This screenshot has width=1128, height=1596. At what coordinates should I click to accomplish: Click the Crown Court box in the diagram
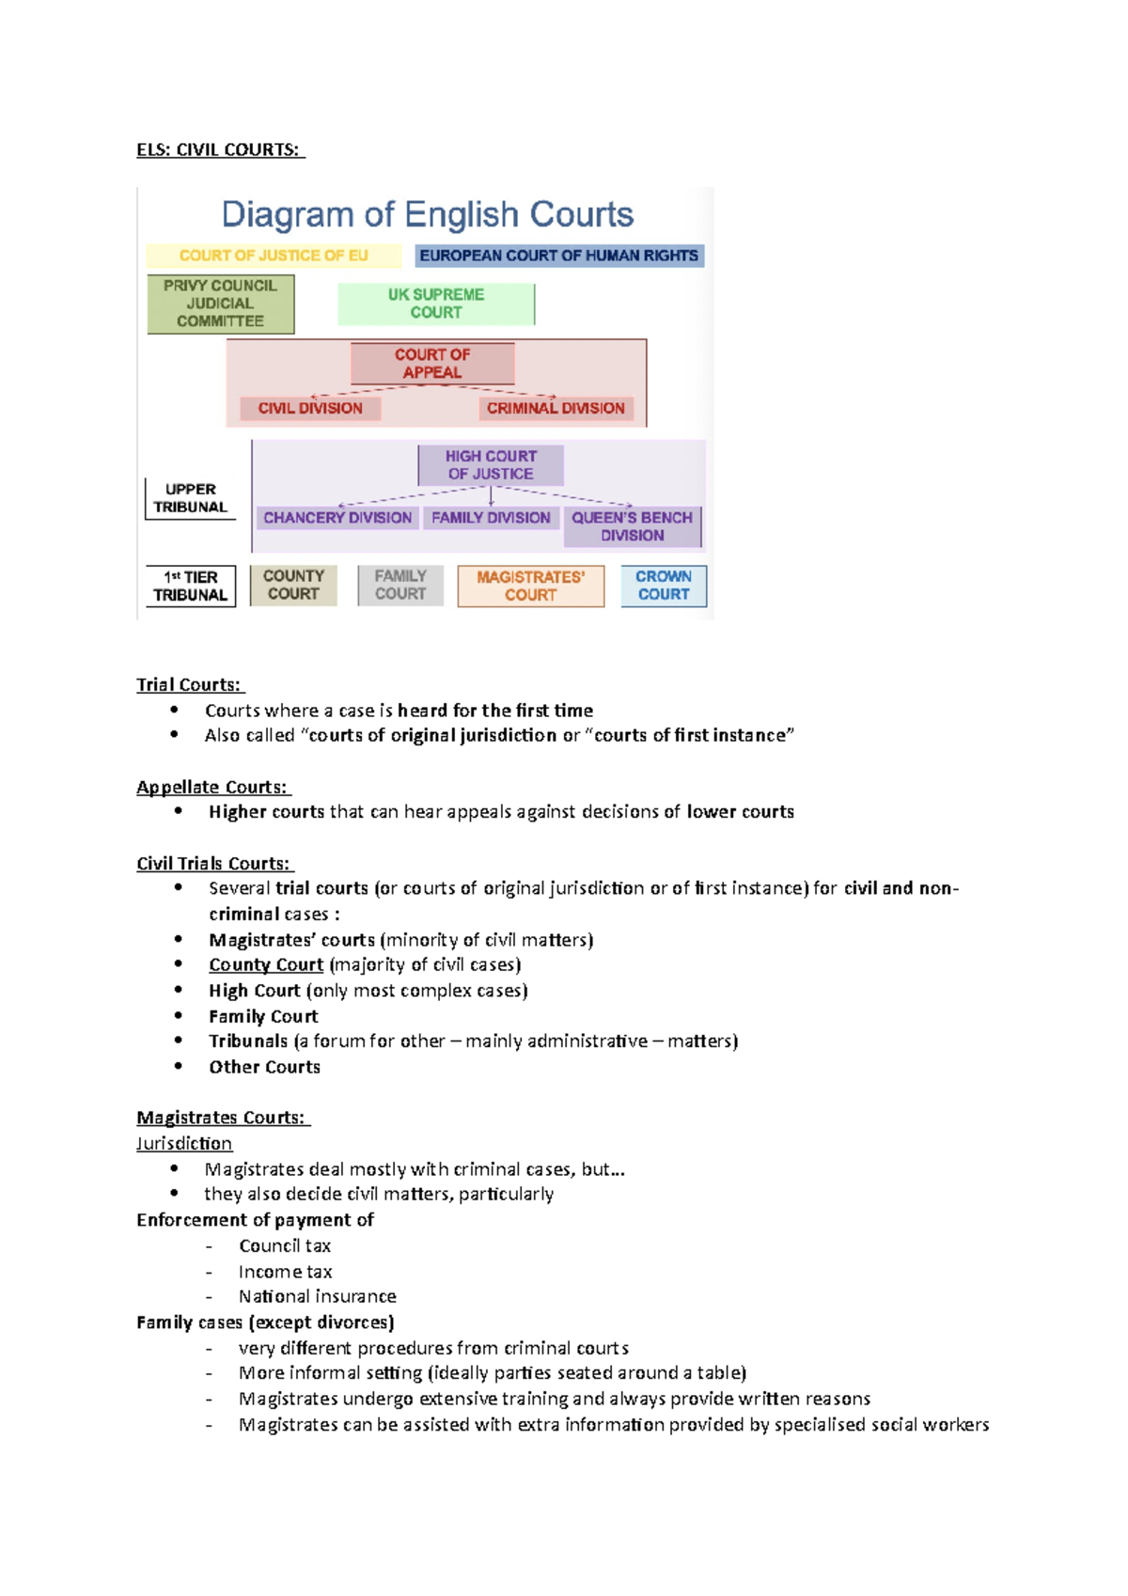pos(664,586)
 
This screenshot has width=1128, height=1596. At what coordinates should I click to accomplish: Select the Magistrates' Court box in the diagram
pos(531,586)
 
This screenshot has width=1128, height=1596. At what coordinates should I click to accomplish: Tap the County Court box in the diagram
pos(293,586)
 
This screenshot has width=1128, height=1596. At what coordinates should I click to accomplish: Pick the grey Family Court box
pos(400,586)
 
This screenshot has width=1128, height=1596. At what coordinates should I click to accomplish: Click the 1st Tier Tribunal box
pos(191,587)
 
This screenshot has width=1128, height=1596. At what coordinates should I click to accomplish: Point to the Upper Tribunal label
pos(191,498)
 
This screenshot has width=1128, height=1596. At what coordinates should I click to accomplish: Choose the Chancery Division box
pos(337,518)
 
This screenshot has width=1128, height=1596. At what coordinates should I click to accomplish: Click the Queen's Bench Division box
pos(633,526)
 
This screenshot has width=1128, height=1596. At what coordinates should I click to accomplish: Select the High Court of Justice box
pos(491,465)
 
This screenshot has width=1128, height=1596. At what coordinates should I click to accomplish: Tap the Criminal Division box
pos(556,408)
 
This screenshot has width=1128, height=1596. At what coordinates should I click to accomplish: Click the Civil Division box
pos(310,408)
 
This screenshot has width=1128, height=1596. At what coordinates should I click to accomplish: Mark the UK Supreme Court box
pos(436,304)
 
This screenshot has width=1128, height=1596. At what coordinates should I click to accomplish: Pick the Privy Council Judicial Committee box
pos(220,304)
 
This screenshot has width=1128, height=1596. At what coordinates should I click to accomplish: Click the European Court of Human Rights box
pos(559,256)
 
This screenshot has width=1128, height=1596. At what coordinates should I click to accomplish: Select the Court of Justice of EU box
pos(274,256)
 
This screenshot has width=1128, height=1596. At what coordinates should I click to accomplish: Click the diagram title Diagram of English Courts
pos(428,214)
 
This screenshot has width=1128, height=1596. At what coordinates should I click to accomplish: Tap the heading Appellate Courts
pos(212,787)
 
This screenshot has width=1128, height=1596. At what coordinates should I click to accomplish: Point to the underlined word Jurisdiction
pos(184,1143)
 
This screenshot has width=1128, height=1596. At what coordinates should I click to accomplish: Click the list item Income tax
pos(285,1272)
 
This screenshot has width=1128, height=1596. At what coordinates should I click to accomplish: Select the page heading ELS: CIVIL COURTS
pos(219,149)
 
